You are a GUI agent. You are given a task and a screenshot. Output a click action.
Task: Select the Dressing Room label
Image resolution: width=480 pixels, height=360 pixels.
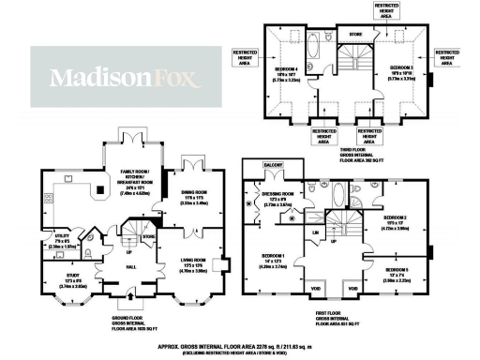[x=278, y=198]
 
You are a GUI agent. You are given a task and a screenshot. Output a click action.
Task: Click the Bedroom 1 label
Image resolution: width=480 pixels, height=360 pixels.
[x=273, y=260]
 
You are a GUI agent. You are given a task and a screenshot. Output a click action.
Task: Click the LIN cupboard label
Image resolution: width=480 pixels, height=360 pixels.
[x=316, y=231]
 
